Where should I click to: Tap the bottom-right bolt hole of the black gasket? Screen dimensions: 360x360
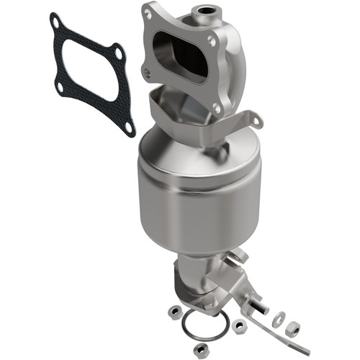click(128, 127)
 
